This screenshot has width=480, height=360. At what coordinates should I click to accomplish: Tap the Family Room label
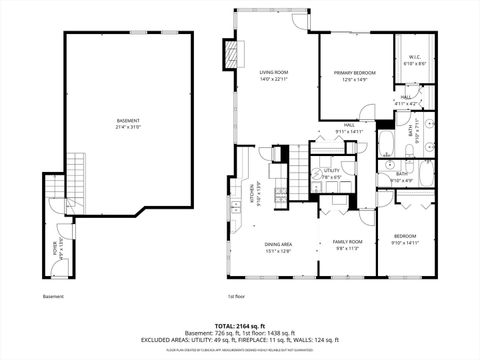tap(346, 243)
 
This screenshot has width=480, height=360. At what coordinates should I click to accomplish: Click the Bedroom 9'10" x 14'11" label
tap(405, 238)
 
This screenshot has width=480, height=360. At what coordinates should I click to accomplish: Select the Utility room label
tap(332, 173)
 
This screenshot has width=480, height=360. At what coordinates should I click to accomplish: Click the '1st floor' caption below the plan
tap(236, 297)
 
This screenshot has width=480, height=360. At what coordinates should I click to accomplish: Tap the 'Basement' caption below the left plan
tap(53, 297)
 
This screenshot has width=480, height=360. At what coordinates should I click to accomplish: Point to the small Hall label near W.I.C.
tap(406, 99)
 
